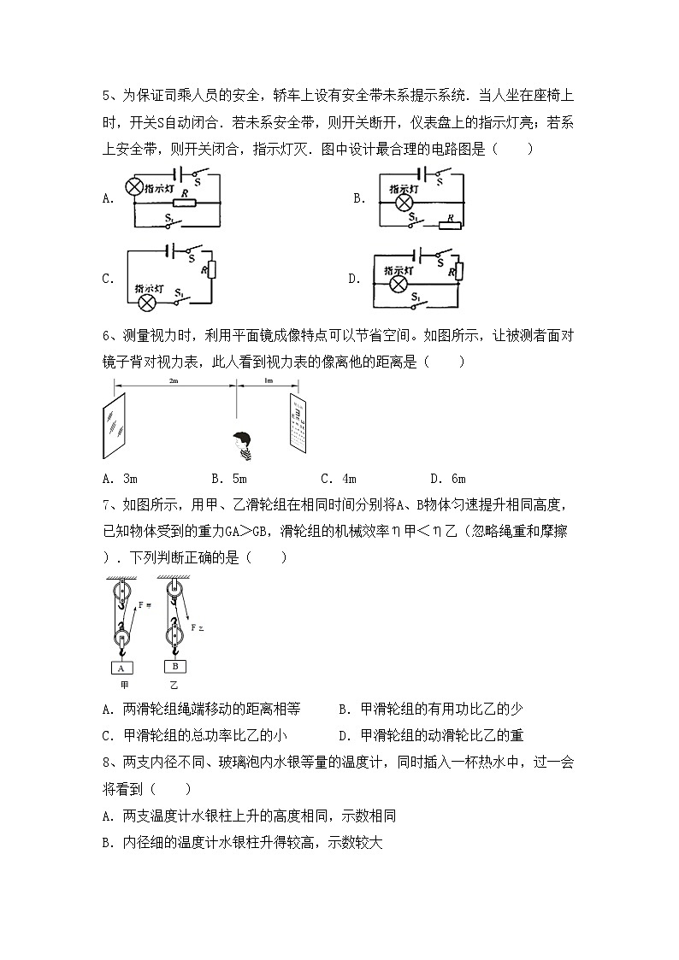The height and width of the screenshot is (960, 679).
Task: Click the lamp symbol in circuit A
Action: (134, 186)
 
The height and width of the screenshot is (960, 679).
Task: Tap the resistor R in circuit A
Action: (184, 203)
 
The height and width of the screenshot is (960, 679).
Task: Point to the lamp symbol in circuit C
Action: (147, 302)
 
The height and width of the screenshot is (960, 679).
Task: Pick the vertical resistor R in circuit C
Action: (213, 270)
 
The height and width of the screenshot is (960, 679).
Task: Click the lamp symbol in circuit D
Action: (397, 283)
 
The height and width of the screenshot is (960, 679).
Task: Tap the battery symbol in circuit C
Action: (171, 250)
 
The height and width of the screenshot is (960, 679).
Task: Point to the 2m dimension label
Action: (174, 380)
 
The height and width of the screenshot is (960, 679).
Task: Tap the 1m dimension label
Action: (268, 380)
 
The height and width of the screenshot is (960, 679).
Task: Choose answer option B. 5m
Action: (228, 479)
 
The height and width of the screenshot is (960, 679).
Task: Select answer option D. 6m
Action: (447, 479)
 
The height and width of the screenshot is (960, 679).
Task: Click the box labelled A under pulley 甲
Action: (121, 668)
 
